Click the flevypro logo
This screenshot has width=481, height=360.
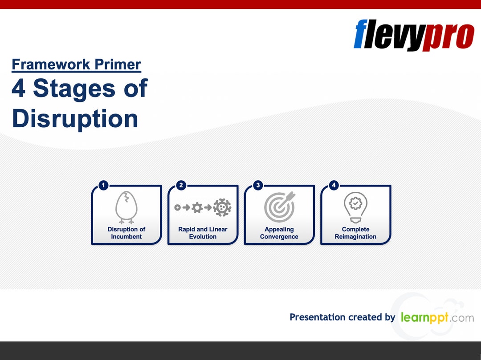tap(414, 35)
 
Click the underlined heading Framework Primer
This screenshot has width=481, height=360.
tap(76, 65)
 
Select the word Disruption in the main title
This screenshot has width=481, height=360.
tap(75, 118)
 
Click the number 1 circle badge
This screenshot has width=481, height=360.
tap(103, 185)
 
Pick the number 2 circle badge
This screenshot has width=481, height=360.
tap(180, 185)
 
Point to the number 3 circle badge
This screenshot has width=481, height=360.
tap(257, 185)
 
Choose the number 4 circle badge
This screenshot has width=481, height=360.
tap(334, 185)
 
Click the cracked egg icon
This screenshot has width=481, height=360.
tap(126, 207)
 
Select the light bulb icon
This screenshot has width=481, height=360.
tap(355, 207)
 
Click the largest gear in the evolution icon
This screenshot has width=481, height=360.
tap(222, 207)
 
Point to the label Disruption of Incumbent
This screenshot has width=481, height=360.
tap(126, 233)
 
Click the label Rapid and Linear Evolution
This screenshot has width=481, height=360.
tap(203, 233)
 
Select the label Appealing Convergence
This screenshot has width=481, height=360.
tap(279, 233)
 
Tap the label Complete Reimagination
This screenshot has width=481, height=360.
tap(355, 233)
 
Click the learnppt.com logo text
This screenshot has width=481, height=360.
tap(437, 318)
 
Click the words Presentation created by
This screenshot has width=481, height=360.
tap(342, 317)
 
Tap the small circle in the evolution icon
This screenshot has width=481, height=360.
tap(177, 207)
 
